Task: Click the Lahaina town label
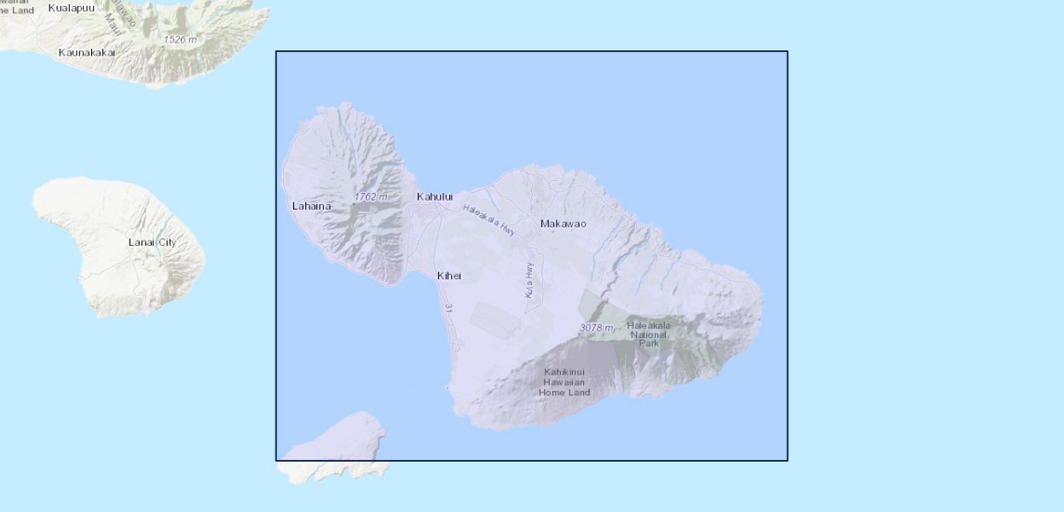[x=311, y=206]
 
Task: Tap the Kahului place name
[x=435, y=197]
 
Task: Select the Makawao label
[x=563, y=224]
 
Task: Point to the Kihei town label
[x=449, y=276]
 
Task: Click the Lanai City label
[x=153, y=242]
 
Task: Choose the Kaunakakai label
[x=87, y=53]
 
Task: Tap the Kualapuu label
[x=72, y=8]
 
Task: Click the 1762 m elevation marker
[x=370, y=197]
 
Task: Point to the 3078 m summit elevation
[x=596, y=328]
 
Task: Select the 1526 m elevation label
[x=180, y=39]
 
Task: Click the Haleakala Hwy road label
[x=489, y=219]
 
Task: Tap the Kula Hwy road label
[x=529, y=279]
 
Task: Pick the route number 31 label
[x=448, y=311]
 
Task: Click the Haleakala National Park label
[x=649, y=334]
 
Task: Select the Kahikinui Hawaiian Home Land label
[x=566, y=381]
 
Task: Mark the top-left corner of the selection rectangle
[x=276, y=51]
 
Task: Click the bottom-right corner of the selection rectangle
[x=788, y=461]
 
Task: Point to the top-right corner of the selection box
[x=788, y=51]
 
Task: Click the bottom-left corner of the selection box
[x=276, y=461]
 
